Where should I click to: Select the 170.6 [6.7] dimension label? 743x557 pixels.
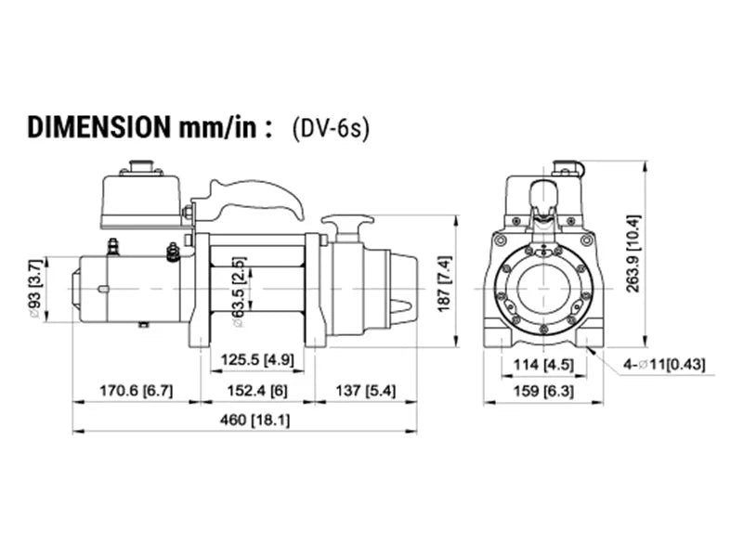pos(136,391)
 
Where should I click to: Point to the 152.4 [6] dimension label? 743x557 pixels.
pos(253,391)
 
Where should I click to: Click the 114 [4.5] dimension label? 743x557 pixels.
pos(543,363)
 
